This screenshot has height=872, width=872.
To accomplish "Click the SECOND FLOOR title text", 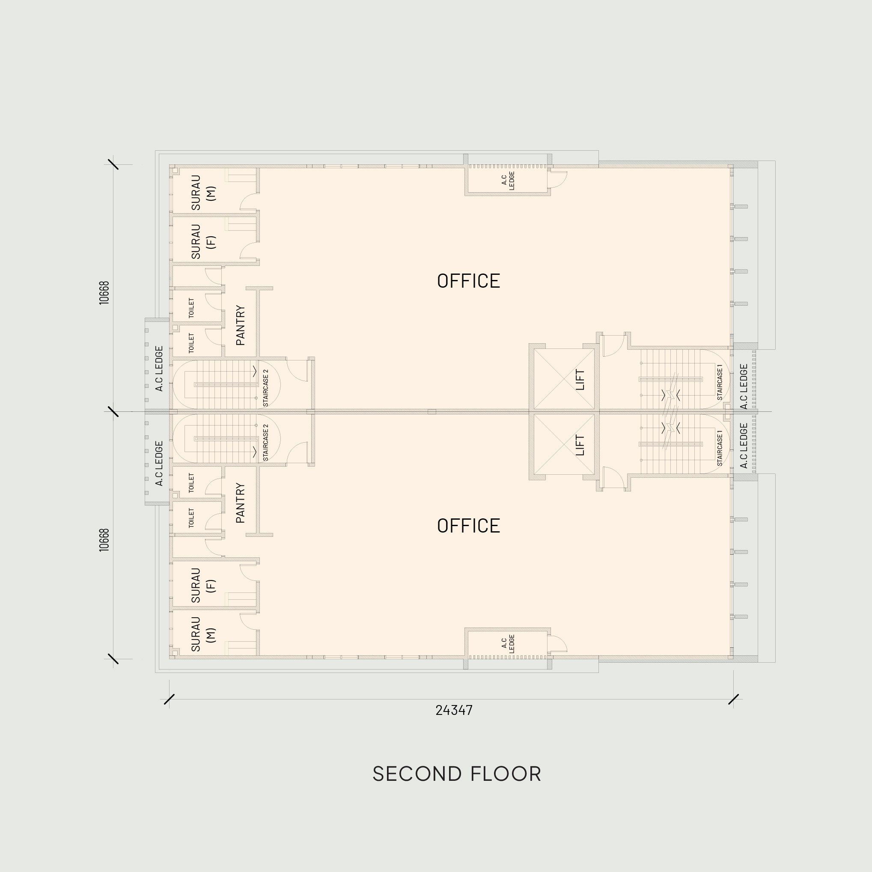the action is [456, 774].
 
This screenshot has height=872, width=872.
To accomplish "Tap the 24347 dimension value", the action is [454, 710].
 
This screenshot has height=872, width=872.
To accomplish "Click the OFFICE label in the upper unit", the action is [468, 281].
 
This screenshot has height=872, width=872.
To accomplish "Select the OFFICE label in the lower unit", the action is [468, 526].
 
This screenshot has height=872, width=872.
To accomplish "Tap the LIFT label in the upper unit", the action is [580, 380].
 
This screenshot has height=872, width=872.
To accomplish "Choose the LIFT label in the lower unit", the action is [580, 445].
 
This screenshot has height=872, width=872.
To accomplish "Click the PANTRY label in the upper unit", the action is [240, 325].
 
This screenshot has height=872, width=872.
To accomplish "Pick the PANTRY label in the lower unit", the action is [240, 503].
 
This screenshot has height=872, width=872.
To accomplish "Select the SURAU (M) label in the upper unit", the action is [203, 193].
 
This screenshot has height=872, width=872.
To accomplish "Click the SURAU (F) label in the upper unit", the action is [203, 241].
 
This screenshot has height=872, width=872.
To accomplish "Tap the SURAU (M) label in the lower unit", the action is [203, 634].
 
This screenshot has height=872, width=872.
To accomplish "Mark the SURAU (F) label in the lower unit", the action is [203, 585].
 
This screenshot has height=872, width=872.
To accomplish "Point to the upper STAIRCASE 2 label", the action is [265, 388].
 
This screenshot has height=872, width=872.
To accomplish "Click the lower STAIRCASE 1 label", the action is [720, 448].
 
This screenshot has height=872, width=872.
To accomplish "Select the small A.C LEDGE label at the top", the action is [508, 181].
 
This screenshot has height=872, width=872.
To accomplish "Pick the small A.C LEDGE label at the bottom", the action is [508, 644].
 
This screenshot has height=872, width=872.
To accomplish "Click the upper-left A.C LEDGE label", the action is [159, 369].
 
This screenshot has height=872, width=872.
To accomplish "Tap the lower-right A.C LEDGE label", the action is [744, 446].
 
